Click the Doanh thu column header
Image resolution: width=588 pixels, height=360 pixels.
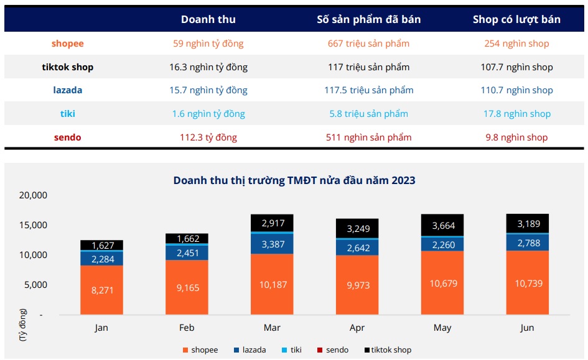208,19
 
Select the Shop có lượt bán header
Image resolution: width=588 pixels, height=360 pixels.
516,19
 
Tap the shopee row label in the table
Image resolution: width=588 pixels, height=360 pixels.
67,44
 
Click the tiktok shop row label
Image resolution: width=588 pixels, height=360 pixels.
67,67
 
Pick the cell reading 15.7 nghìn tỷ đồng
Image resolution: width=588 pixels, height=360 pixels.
208,90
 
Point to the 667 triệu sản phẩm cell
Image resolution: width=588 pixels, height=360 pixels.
368,44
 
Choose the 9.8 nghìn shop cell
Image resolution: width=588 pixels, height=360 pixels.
516,137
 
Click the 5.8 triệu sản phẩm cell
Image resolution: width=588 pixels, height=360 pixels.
368,114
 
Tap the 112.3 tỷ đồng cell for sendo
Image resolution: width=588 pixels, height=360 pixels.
208,137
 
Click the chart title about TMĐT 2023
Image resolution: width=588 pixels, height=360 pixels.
294,180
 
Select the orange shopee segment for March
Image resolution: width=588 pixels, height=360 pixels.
272,284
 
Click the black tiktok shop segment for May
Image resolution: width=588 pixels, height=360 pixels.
442,225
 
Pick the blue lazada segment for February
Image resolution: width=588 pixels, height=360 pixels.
187,252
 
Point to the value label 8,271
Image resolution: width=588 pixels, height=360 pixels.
101,290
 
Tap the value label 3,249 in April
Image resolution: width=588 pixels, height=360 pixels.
357,228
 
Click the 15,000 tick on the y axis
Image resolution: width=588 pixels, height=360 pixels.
34,225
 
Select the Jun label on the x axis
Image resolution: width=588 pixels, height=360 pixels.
527,328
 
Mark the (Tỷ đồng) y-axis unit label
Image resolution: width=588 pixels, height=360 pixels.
23,325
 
